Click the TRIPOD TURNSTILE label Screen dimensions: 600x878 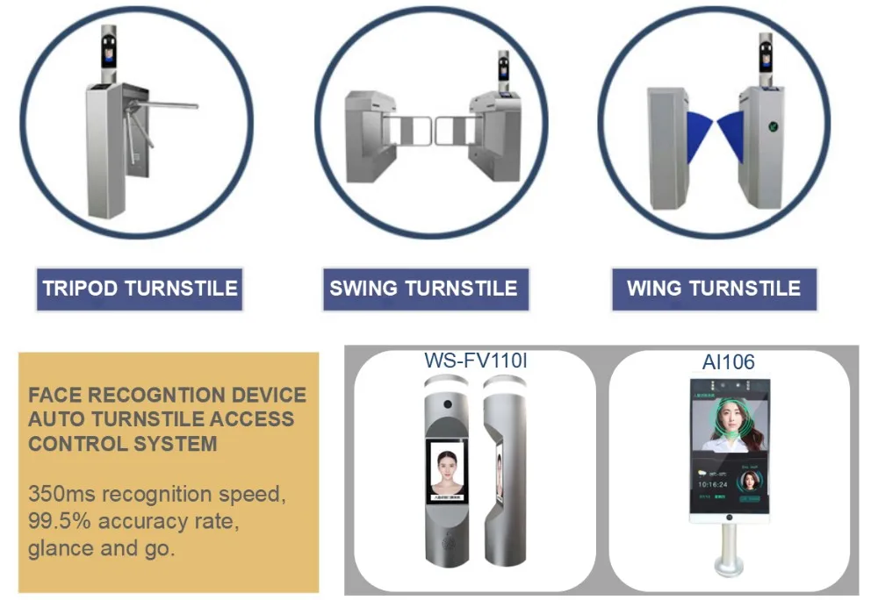tap(140, 289)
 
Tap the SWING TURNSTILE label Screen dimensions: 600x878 tap(423, 289)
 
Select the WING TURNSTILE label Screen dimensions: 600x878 tap(714, 289)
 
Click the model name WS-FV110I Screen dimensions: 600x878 tap(476, 361)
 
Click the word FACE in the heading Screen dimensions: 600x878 tap(55, 396)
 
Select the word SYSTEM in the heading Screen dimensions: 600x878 tap(175, 443)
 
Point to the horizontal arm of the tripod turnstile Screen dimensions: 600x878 tap(167, 106)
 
